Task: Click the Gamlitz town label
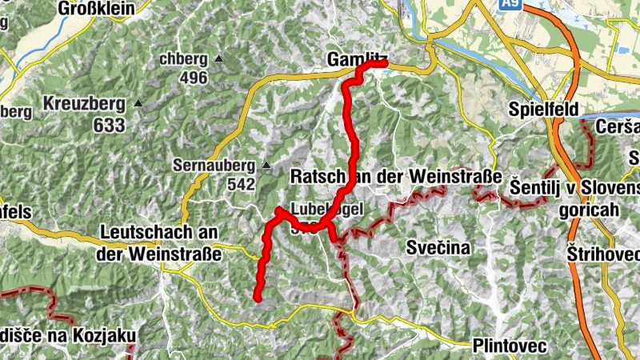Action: click(357, 58)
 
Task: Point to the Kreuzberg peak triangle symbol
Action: click(138, 103)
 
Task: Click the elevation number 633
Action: click(109, 125)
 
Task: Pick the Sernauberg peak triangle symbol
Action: click(266, 166)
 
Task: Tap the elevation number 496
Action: click(193, 78)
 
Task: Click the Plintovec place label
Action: click(509, 346)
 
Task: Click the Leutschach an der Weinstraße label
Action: click(160, 241)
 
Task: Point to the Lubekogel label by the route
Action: click(328, 210)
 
